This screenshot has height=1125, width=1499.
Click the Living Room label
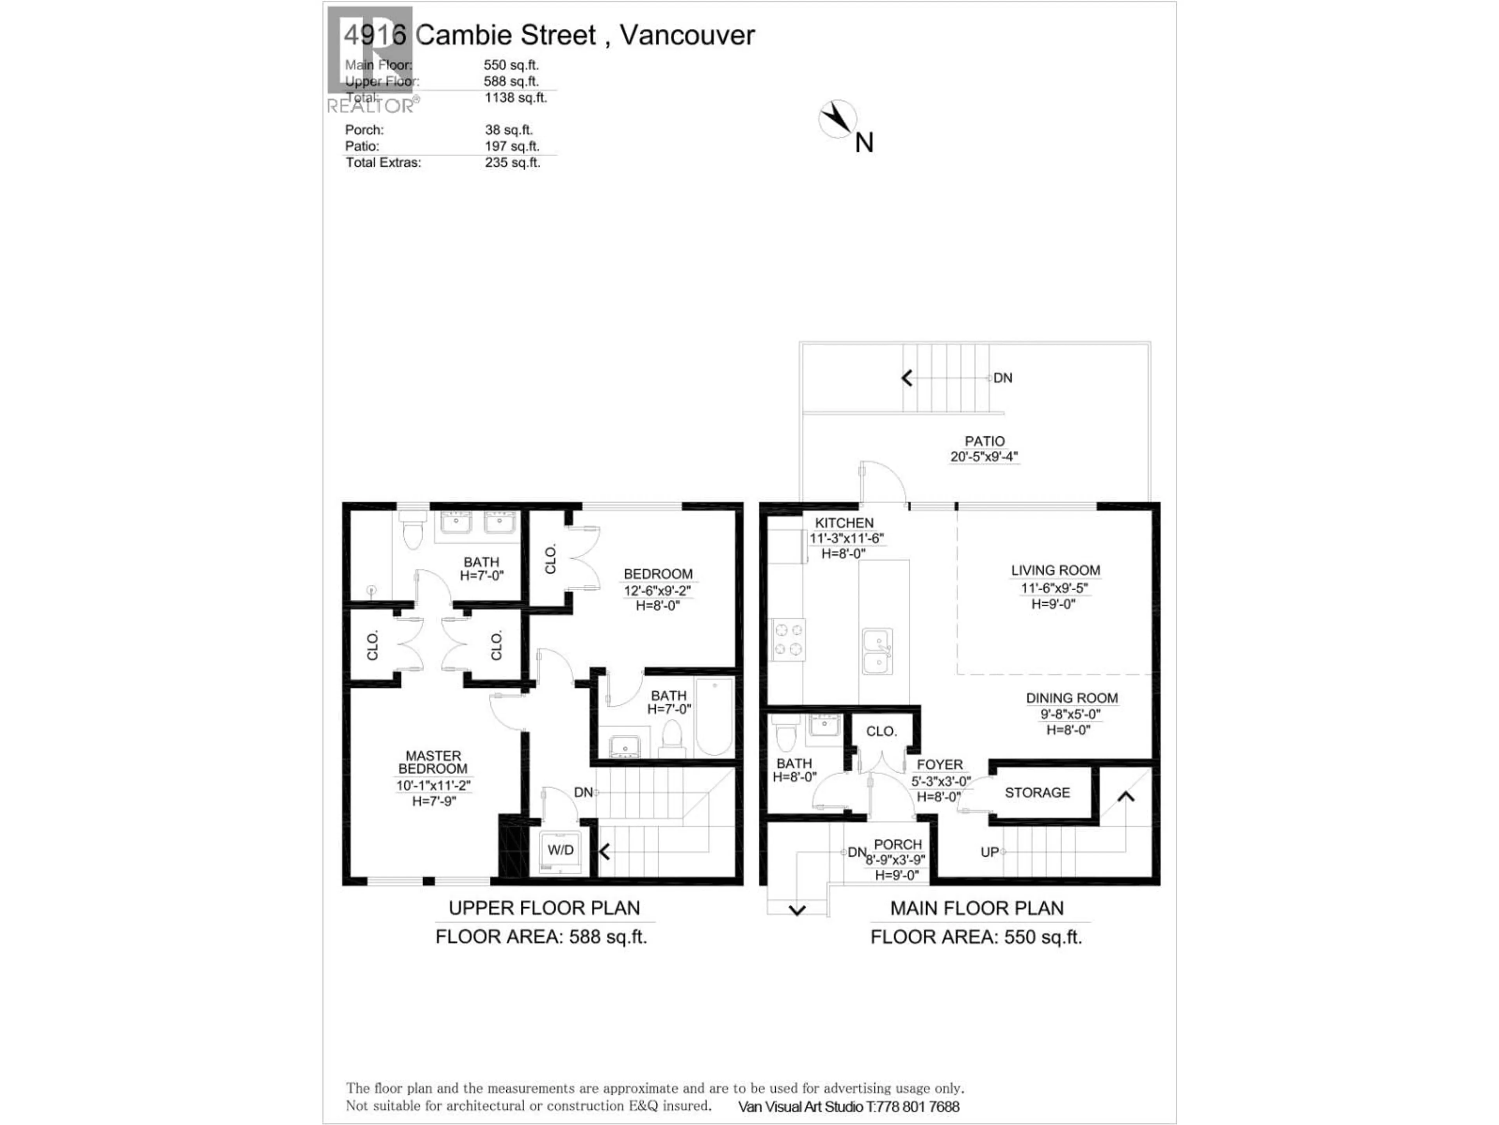[x=1055, y=570]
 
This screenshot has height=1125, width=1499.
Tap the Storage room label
[x=1037, y=793]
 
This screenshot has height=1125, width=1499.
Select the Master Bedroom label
[x=433, y=762]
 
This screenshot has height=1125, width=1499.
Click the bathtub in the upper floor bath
[x=714, y=716]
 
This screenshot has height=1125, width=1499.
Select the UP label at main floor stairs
[x=990, y=852]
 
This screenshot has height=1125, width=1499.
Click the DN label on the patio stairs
[x=1003, y=378]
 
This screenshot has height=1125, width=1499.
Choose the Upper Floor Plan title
[x=544, y=908]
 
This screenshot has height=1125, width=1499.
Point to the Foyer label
[x=939, y=764]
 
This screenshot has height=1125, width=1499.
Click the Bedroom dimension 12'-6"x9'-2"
[x=657, y=591]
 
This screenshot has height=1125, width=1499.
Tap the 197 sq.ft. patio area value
[x=512, y=146]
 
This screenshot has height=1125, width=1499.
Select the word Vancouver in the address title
[x=687, y=35]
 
